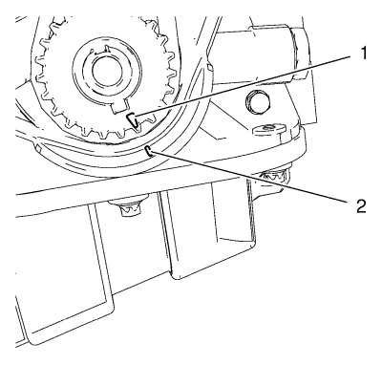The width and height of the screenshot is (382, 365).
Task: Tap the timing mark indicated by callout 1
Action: click(133, 119)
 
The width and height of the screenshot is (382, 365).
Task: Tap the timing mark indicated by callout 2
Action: click(149, 151)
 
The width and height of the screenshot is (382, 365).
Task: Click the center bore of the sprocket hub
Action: click(107, 73)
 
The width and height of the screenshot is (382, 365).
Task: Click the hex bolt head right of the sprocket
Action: click(258, 102)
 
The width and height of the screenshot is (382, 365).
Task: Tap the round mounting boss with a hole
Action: click(268, 129)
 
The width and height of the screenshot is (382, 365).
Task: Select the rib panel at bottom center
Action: click(208, 229)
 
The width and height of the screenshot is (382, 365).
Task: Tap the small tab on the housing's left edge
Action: click(36, 147)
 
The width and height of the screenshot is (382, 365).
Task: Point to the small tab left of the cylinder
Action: click(209, 67)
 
